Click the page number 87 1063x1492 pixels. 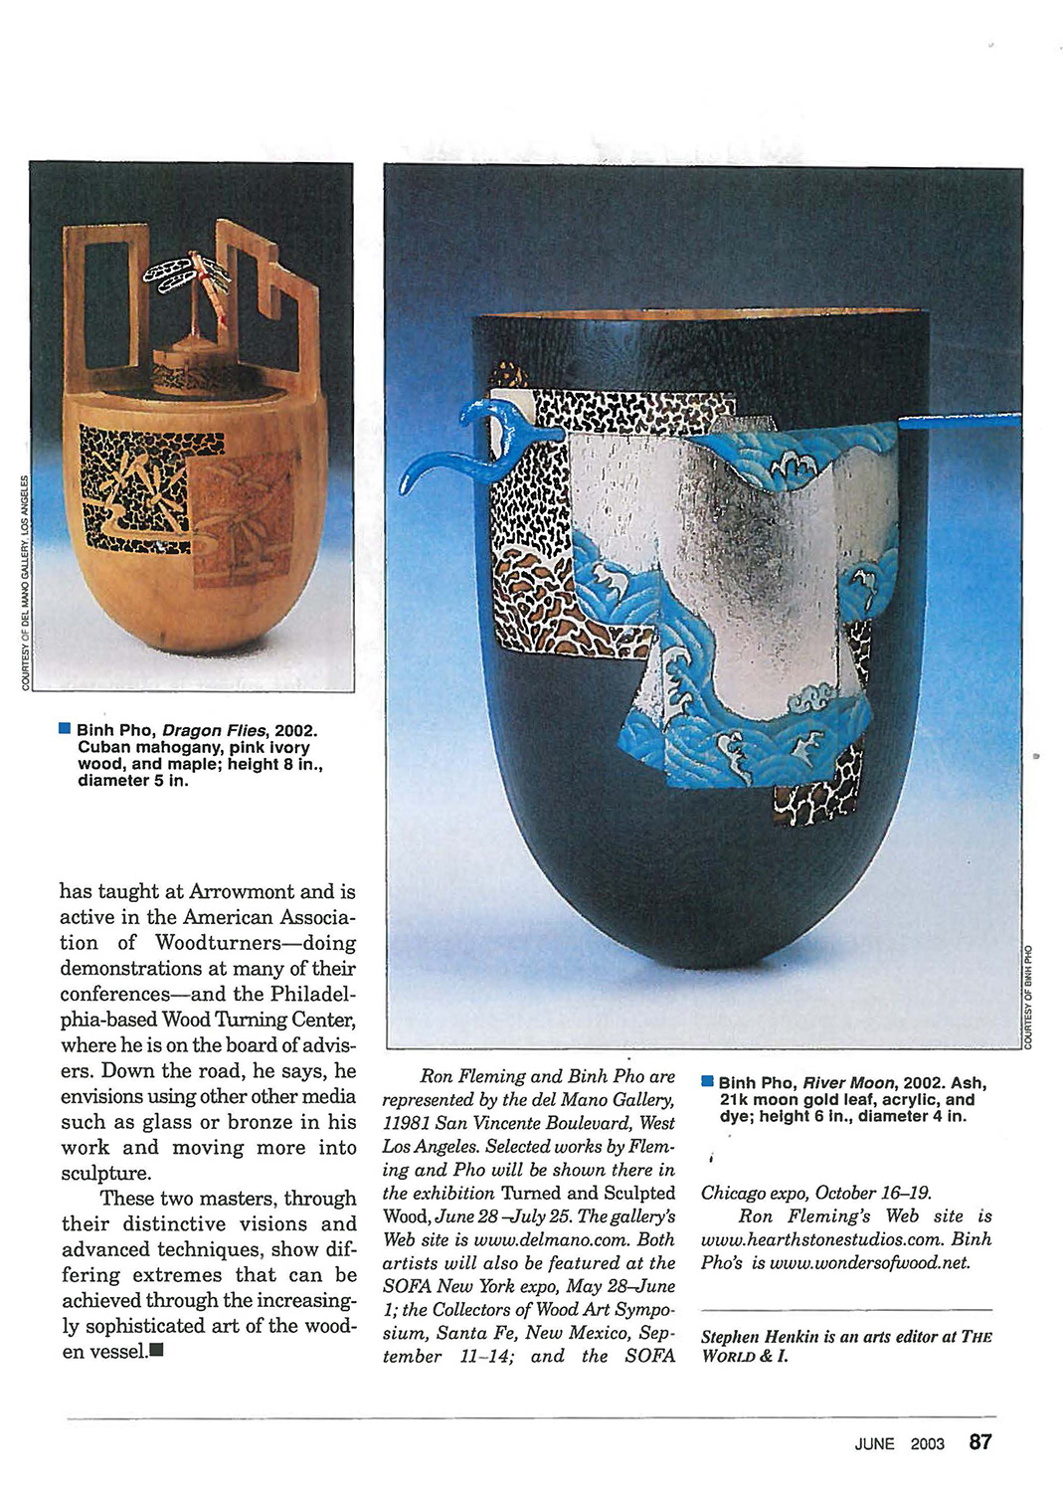(x=980, y=1442)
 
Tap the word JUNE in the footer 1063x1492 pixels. (x=874, y=1444)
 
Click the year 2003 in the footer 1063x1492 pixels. (x=927, y=1444)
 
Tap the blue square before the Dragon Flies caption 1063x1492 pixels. (x=65, y=728)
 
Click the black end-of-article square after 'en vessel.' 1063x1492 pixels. (x=156, y=1351)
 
